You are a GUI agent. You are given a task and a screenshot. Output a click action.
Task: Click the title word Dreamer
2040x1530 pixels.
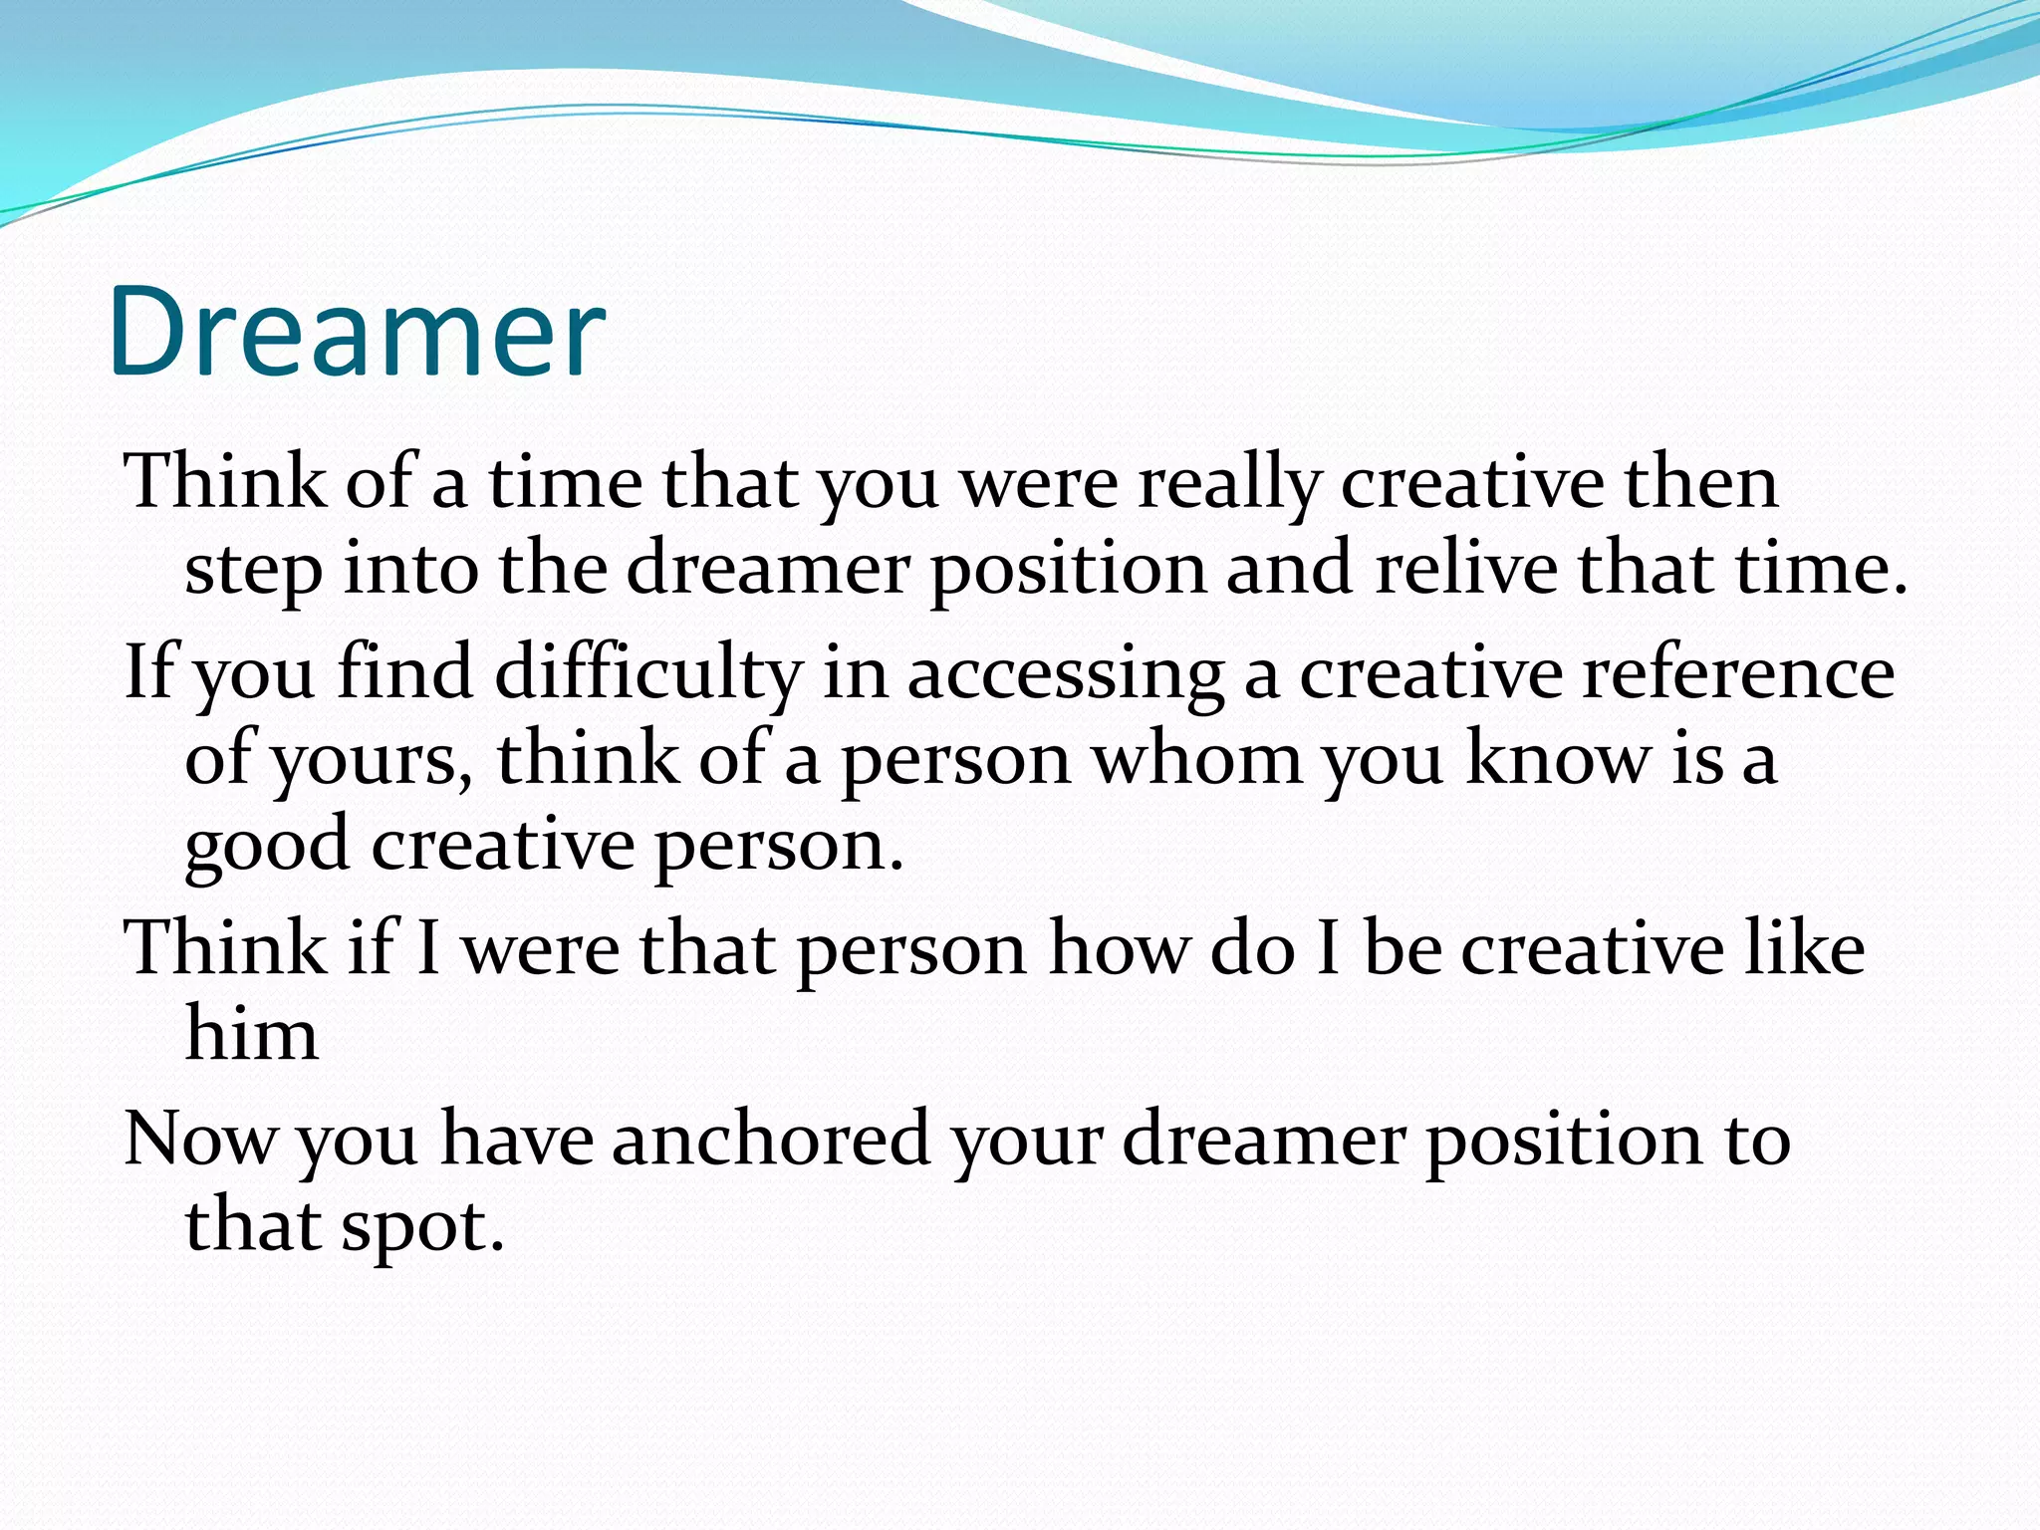coord(357,332)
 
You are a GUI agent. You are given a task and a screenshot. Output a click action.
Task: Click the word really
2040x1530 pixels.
coord(1228,485)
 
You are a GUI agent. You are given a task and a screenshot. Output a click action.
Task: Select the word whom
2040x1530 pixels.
coord(1197,759)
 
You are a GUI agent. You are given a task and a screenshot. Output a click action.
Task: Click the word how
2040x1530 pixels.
coord(1119,948)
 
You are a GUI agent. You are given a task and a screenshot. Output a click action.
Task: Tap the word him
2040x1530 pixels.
coord(252,1034)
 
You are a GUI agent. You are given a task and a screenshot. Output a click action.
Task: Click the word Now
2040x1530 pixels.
coord(200,1139)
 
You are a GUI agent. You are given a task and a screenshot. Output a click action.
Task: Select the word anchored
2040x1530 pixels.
coord(770,1139)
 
